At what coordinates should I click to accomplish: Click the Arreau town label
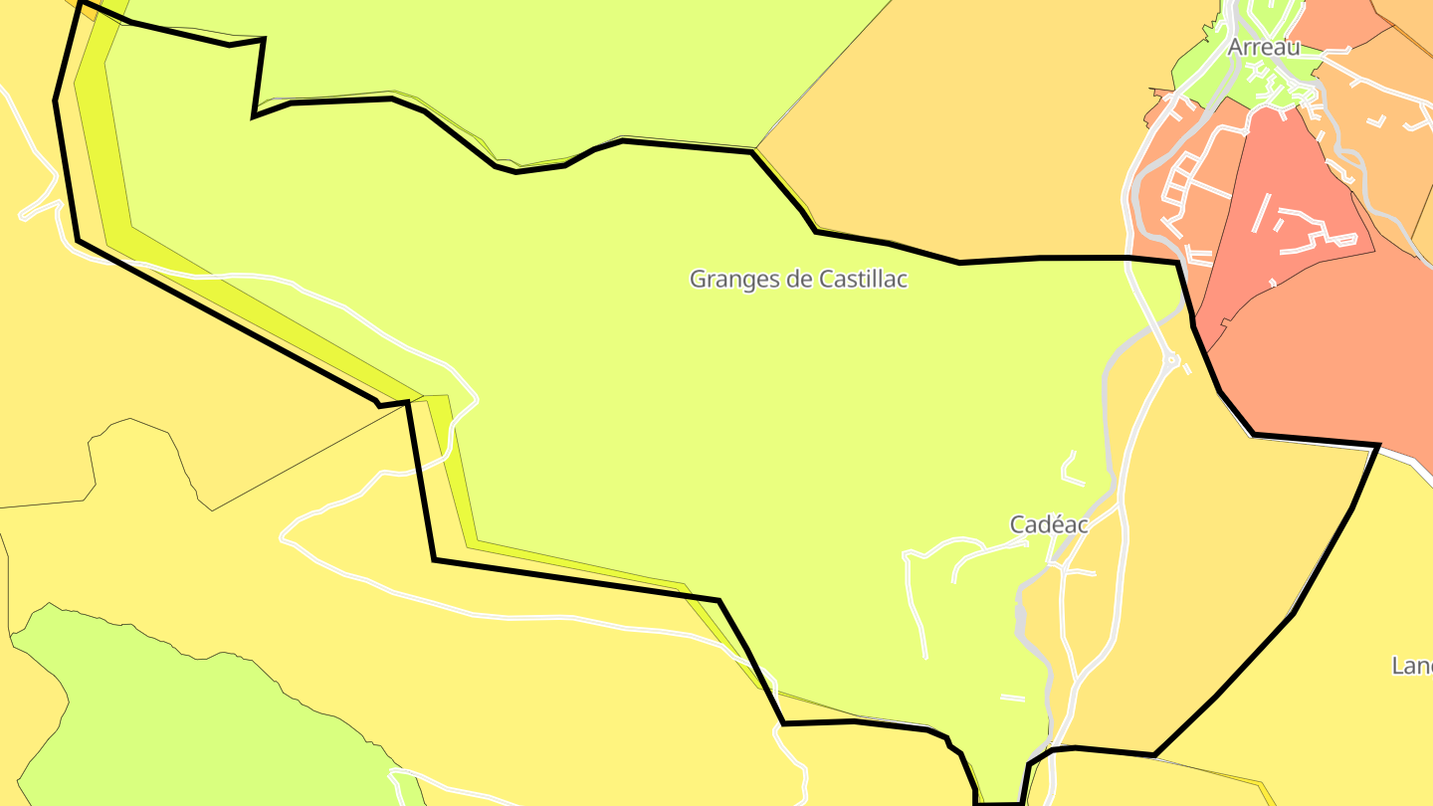pos(1263,47)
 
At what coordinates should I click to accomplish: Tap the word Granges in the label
pos(734,280)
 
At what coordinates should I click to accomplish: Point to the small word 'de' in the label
pos(799,280)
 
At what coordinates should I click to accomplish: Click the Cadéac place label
pos(1049,524)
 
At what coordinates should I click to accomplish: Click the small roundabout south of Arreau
pos(1172,360)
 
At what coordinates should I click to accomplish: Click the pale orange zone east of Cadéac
pos(1224,557)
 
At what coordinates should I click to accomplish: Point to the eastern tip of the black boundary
pos(1377,447)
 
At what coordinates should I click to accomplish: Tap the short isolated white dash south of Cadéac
pos(1012,698)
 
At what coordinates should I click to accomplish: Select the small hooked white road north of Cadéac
pos(1071,469)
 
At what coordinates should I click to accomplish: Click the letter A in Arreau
pos(1236,47)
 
